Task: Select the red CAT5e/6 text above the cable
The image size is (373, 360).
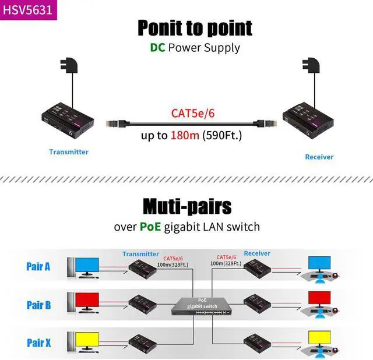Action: pyautogui.click(x=193, y=113)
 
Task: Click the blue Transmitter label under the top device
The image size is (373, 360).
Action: pyautogui.click(x=69, y=152)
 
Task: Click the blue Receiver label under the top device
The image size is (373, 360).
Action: pyautogui.click(x=319, y=157)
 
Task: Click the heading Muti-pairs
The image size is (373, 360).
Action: pyautogui.click(x=186, y=206)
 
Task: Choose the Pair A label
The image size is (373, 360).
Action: pyautogui.click(x=38, y=266)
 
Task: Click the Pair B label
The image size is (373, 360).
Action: pyautogui.click(x=38, y=305)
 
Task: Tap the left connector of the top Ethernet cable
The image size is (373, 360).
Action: pyautogui.click(x=114, y=123)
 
